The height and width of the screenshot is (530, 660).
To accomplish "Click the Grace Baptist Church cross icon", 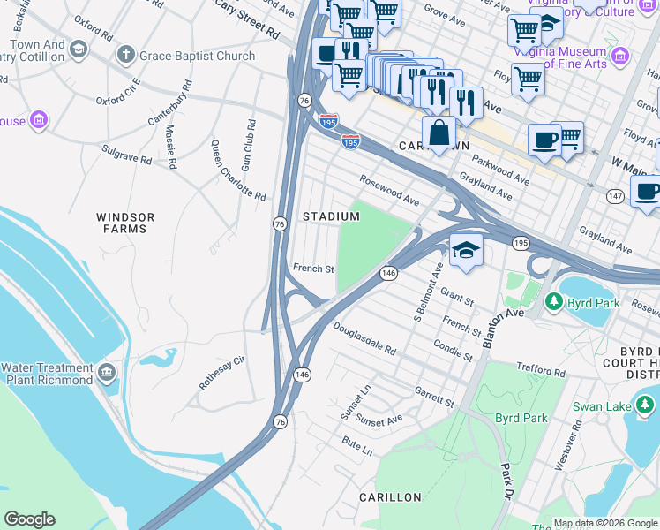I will (126, 56).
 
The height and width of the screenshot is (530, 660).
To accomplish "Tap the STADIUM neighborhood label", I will (331, 216).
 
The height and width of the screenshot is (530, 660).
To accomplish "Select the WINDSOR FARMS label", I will (125, 223).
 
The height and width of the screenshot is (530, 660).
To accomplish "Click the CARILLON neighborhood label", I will (390, 497).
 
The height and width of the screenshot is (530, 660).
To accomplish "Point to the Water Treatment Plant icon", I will (108, 373).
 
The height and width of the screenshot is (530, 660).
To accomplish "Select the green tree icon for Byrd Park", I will (553, 302).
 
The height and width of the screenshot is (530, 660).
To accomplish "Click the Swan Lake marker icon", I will (646, 405).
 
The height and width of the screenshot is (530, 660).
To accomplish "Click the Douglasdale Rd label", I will (364, 337).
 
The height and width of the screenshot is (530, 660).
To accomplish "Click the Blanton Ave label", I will (504, 324).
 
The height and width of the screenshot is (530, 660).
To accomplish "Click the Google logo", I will (29, 519).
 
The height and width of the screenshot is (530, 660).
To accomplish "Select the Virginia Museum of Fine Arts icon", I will (619, 57).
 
